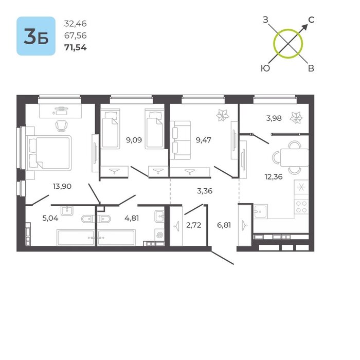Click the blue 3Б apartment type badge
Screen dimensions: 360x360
point(36,36)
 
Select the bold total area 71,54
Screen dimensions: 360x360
point(76,47)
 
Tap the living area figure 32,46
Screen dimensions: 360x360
point(75,24)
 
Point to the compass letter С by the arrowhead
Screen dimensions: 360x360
point(311,20)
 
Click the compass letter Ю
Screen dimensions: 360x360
point(265,68)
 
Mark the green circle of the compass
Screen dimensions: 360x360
point(288,29)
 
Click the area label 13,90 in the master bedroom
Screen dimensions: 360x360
point(62,186)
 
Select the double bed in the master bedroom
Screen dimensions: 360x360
point(49,153)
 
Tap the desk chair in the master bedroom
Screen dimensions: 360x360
point(62,126)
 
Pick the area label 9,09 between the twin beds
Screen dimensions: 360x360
point(134,140)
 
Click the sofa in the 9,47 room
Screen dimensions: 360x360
point(181,140)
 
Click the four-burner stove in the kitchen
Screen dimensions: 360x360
point(301,207)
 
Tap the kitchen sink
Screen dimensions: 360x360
point(261,211)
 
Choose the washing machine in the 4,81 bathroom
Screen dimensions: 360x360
point(159,235)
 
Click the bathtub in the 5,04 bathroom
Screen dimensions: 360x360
point(76,238)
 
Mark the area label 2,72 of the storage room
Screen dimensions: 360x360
point(193,225)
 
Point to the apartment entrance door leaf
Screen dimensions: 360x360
point(223,258)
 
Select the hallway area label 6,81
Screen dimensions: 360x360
point(224,225)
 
